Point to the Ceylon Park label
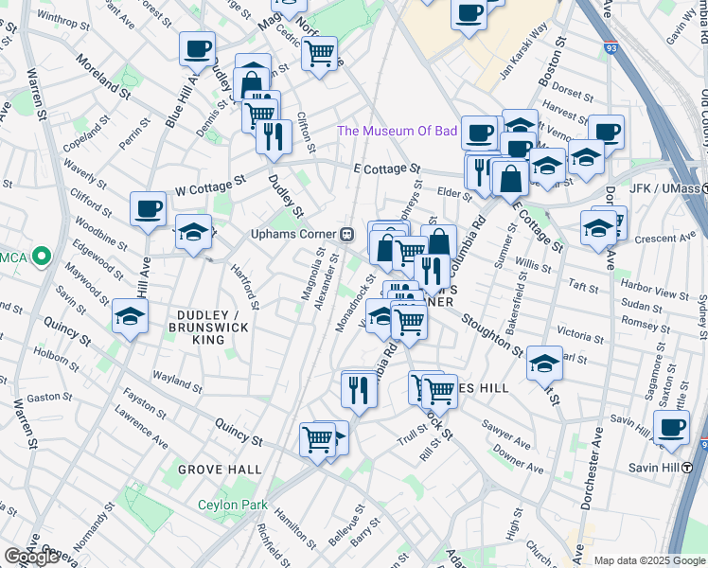233,505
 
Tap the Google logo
30,557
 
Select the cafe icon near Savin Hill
672,427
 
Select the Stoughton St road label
491,333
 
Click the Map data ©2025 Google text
650,560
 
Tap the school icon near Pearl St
544,363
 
